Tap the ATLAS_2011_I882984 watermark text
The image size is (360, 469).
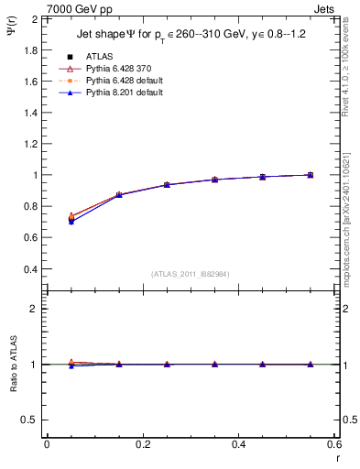(190, 274)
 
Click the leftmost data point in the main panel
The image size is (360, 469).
(71, 218)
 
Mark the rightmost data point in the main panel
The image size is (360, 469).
(311, 174)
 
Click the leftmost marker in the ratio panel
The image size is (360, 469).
(71, 364)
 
